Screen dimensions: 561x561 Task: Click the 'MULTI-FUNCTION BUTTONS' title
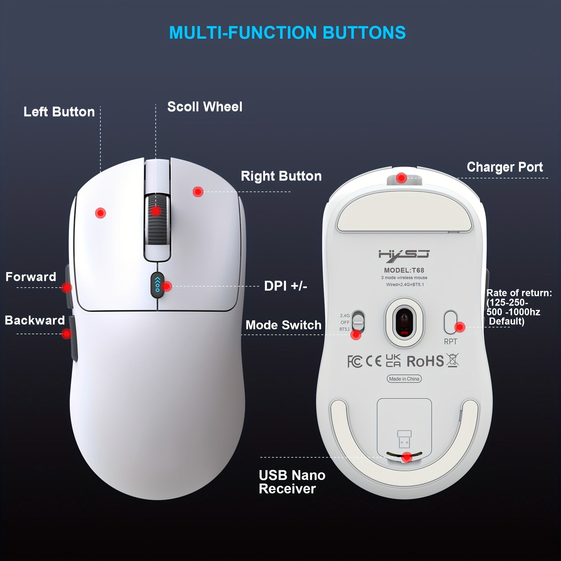point(287,32)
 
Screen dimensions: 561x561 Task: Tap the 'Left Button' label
point(59,112)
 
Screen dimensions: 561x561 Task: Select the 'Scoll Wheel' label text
point(205,107)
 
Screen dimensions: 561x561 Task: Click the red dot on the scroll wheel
point(156,210)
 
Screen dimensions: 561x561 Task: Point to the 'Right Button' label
point(281,176)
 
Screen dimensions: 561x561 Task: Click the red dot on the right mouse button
point(198,192)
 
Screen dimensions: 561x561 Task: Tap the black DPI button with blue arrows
point(157,285)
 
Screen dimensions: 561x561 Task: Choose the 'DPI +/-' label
point(285,286)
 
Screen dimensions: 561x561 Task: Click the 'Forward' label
point(31,277)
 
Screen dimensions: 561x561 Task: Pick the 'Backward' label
point(35,320)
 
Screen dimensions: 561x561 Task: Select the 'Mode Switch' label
point(283,325)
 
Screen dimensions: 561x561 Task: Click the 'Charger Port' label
point(505,167)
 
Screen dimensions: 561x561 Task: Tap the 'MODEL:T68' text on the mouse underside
point(404,270)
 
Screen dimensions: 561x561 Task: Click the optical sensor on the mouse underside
point(404,322)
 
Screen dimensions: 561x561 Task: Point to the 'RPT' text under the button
point(450,342)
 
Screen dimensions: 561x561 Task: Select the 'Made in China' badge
point(404,379)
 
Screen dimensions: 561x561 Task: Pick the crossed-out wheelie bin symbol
point(453,360)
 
